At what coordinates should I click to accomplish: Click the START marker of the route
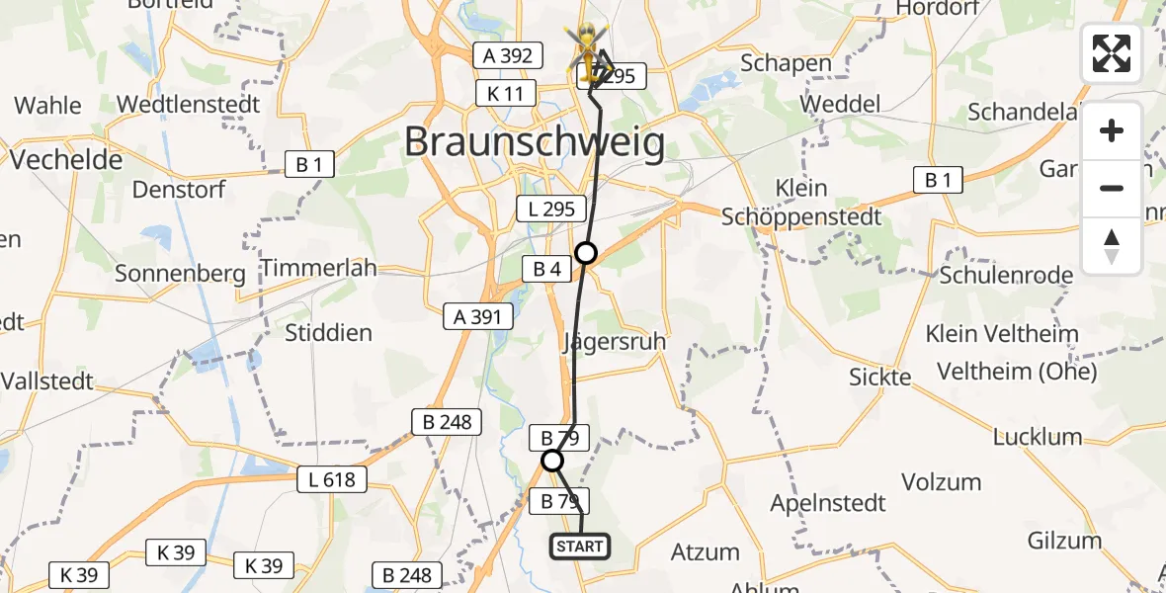pyautogui.click(x=579, y=547)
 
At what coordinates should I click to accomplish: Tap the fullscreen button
pyautogui.click(x=1112, y=53)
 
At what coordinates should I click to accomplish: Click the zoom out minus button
pyautogui.click(x=1112, y=188)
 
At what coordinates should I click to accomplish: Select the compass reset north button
pyautogui.click(x=1112, y=245)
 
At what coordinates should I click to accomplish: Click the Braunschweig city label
pyautogui.click(x=534, y=142)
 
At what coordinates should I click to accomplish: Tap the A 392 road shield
pyautogui.click(x=508, y=55)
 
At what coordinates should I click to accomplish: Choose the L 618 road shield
pyautogui.click(x=332, y=480)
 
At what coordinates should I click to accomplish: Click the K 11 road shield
pyautogui.click(x=506, y=94)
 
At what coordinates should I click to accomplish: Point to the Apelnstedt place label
pyautogui.click(x=827, y=502)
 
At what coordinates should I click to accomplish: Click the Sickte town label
pyautogui.click(x=880, y=377)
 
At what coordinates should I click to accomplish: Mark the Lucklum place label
pyautogui.click(x=1038, y=437)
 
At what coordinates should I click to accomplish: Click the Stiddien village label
pyautogui.click(x=328, y=332)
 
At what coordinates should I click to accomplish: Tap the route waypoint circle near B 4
pyautogui.click(x=586, y=253)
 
